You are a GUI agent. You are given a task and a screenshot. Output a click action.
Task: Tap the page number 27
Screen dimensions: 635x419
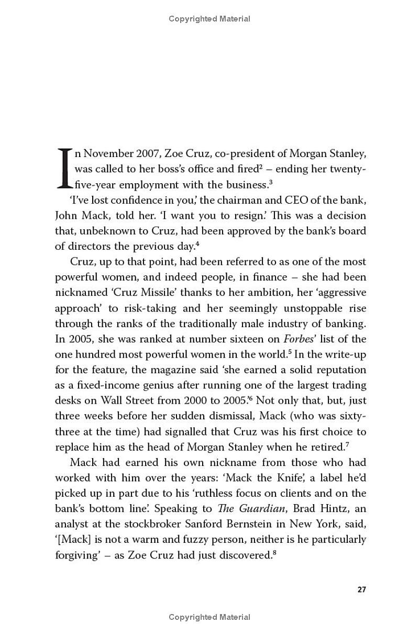(361, 589)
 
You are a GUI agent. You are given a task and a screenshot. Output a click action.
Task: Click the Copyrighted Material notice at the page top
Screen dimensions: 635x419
(210, 19)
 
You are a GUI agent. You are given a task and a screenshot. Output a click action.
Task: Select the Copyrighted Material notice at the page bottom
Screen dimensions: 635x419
(210, 618)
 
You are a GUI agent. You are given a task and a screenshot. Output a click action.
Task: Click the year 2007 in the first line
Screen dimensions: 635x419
(137, 153)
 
